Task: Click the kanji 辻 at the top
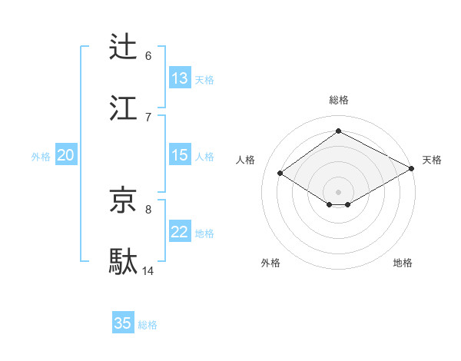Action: click(x=124, y=47)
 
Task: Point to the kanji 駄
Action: click(x=124, y=261)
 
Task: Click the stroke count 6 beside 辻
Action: click(x=148, y=56)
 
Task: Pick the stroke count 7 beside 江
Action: click(x=148, y=117)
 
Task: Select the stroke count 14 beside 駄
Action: click(x=148, y=270)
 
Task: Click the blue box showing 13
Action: click(x=180, y=78)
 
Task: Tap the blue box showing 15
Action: click(x=180, y=155)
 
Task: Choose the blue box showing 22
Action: click(x=180, y=232)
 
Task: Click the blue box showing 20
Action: click(x=65, y=155)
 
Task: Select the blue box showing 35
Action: click(x=123, y=323)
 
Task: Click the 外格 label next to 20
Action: click(x=41, y=157)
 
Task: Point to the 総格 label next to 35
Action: click(x=148, y=325)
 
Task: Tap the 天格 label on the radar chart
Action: click(x=432, y=160)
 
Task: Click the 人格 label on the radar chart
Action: click(x=246, y=160)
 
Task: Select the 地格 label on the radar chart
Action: click(x=403, y=263)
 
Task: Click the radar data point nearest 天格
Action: click(x=413, y=169)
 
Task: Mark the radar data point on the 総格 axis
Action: click(x=338, y=131)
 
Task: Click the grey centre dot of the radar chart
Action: click(x=338, y=191)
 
